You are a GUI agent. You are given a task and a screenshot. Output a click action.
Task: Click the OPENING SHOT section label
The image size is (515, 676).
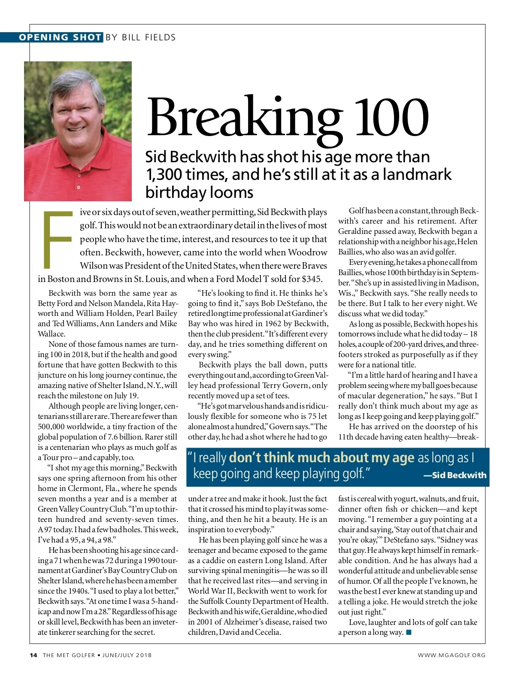(x=60, y=37)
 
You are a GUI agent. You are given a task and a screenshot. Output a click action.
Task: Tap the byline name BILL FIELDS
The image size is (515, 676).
(x=148, y=37)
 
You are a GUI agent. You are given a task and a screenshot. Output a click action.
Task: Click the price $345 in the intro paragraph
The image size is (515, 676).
(x=312, y=279)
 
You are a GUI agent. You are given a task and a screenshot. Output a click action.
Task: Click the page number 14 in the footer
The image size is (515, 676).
(x=33, y=655)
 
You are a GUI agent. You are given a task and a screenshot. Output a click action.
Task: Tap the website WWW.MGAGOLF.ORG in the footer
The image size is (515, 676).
(x=451, y=655)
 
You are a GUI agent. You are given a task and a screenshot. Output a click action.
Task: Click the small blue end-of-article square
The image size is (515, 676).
(x=409, y=632)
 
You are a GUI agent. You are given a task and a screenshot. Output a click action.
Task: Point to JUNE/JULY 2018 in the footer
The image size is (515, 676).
(x=127, y=655)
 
